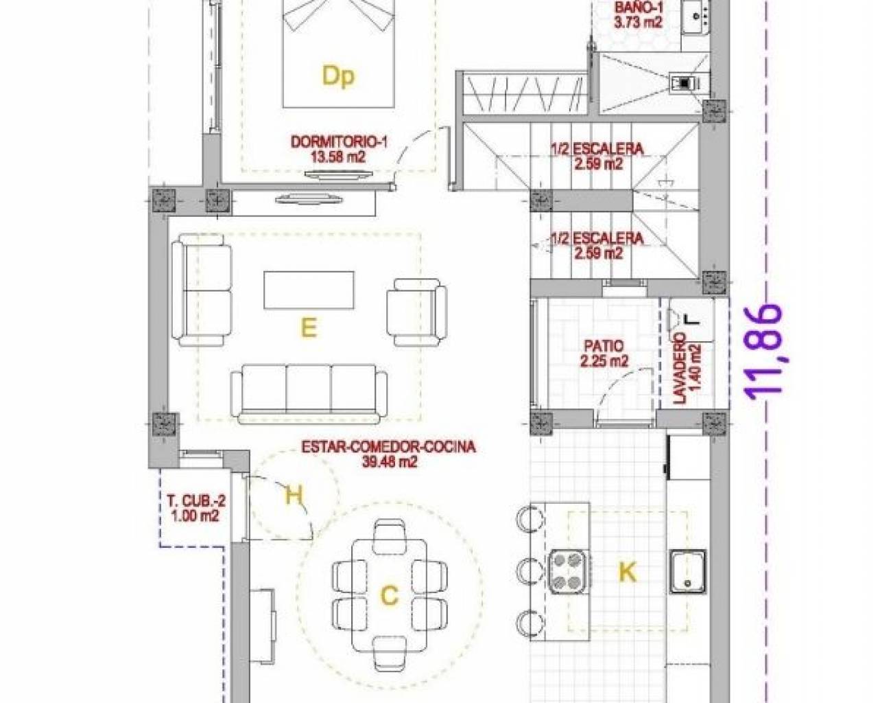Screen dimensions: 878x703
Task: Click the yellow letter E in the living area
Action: click(309, 328)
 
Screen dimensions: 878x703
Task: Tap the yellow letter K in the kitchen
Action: click(628, 572)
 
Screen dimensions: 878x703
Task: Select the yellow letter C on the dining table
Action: click(389, 595)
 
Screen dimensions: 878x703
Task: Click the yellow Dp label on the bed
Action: click(338, 76)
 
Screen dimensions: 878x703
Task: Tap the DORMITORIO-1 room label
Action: click(339, 142)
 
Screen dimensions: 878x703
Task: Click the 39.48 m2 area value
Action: click(389, 462)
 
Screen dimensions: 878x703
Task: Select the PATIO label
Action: click(604, 347)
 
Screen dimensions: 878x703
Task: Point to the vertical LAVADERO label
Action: click(679, 368)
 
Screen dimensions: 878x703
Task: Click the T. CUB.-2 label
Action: click(196, 500)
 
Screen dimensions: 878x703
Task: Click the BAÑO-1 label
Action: click(639, 8)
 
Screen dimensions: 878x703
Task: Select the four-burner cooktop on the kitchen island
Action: click(567, 571)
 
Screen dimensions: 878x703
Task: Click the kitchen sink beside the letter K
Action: click(687, 571)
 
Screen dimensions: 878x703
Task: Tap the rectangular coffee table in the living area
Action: click(309, 290)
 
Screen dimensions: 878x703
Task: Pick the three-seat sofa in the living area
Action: click(309, 394)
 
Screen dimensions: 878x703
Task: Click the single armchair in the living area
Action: click(417, 312)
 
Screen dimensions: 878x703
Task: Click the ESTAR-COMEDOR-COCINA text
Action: click(389, 447)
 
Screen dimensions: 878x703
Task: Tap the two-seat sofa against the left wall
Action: click(202, 290)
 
